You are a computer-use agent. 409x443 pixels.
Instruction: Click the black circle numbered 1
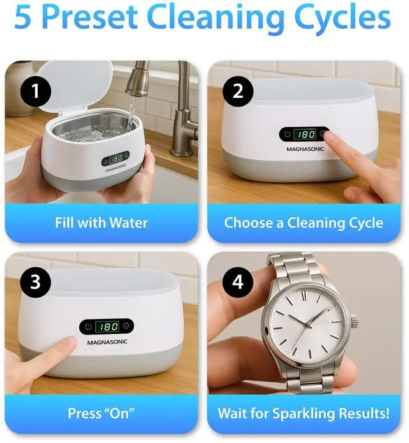[x=36, y=91]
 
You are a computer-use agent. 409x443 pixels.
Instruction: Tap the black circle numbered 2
[x=238, y=91]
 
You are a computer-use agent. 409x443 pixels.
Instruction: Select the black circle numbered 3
[x=36, y=282]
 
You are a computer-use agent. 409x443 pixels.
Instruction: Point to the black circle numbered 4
[x=238, y=282]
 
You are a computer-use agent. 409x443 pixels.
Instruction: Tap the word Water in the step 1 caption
[x=128, y=222]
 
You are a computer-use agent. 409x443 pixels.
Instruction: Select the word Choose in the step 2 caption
[x=249, y=222]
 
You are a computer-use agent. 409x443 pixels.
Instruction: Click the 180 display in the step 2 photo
[x=304, y=134]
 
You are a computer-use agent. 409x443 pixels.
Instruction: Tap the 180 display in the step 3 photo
[x=107, y=327]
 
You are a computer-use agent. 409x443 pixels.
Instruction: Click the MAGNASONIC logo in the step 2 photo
[x=305, y=149]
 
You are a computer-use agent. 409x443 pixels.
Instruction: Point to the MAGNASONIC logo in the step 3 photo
[x=107, y=343]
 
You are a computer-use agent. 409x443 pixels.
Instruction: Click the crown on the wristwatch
[x=355, y=322]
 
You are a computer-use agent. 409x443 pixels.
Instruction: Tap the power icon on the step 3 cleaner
[x=88, y=327]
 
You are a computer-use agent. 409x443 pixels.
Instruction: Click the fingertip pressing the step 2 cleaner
[x=329, y=137]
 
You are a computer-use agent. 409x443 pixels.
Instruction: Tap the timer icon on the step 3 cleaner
[x=126, y=326]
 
